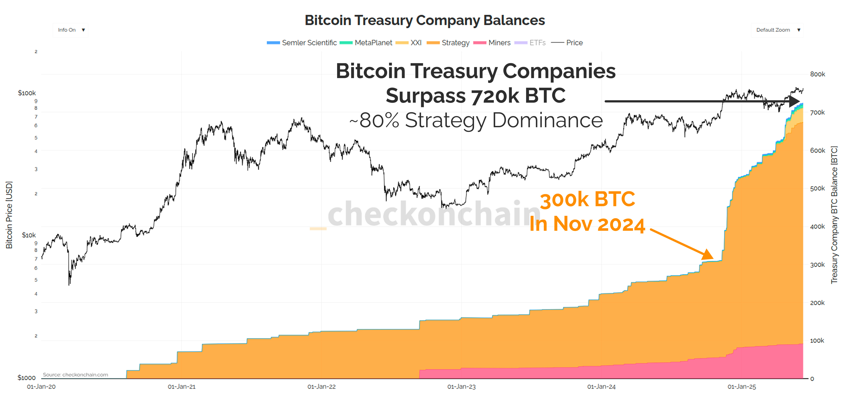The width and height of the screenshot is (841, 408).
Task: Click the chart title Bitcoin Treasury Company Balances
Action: coord(424,20)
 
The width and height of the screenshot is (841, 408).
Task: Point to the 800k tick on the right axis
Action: coord(817,74)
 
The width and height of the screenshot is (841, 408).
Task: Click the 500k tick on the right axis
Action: coord(817,188)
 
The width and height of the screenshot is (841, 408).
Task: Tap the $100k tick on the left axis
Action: coord(27,93)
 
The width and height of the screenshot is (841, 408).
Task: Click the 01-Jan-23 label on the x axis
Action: coord(461,387)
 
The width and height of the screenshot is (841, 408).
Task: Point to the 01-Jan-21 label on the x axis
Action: coord(181,387)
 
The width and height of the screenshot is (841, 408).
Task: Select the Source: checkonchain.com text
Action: coord(75,375)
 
